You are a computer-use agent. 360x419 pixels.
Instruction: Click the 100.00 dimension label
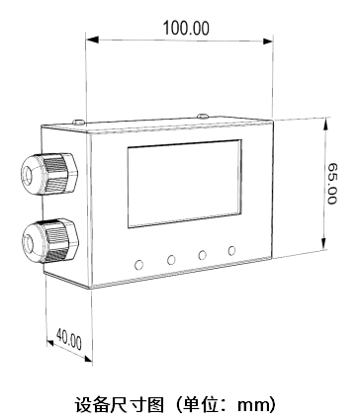(x=186, y=28)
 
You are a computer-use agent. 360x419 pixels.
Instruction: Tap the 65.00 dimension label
(x=332, y=184)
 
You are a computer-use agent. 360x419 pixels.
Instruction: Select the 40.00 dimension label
(x=69, y=339)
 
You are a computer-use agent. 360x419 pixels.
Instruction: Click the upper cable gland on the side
(x=49, y=174)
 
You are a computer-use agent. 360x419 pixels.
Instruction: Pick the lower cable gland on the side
(x=50, y=240)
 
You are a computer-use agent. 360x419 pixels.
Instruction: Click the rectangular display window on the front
(x=185, y=184)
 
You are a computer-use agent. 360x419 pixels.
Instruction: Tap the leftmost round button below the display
(x=139, y=265)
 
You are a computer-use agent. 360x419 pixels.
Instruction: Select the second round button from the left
(x=171, y=260)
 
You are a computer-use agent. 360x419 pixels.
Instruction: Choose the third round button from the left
(x=202, y=255)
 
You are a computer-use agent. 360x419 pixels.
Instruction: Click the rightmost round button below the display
(x=231, y=251)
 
